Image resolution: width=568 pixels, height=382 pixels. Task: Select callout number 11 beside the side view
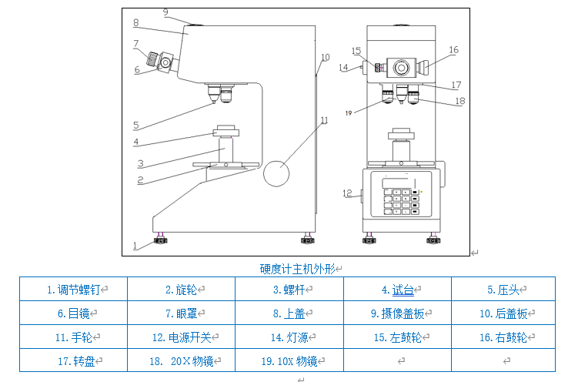pyautogui.click(x=325, y=120)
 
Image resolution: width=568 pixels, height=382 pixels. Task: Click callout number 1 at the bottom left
pyautogui.click(x=134, y=246)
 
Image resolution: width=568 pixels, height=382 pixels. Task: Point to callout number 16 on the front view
pyautogui.click(x=453, y=50)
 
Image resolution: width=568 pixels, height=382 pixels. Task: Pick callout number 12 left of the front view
pyautogui.click(x=346, y=193)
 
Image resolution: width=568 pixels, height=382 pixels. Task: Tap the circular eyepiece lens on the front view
pyautogui.click(x=401, y=68)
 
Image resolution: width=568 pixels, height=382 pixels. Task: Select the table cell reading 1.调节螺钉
pyautogui.click(x=73, y=290)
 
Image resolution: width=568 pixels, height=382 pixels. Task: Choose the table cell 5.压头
pyautogui.click(x=504, y=290)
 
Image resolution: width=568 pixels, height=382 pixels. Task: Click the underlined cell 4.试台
pyautogui.click(x=397, y=290)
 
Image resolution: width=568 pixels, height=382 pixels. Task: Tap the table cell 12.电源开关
pyautogui.click(x=181, y=337)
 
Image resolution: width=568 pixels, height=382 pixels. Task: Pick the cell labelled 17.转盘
pyautogui.click(x=73, y=360)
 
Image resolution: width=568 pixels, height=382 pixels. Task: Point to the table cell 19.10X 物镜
pyautogui.click(x=289, y=360)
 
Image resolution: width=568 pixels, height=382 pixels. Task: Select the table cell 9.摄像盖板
pyautogui.click(x=397, y=313)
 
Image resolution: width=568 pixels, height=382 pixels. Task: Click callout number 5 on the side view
pyautogui.click(x=135, y=125)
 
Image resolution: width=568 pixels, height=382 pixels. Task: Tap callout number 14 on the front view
pyautogui.click(x=343, y=67)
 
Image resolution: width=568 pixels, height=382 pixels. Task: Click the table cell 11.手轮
pyautogui.click(x=73, y=337)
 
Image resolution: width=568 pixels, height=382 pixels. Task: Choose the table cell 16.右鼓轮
pyautogui.click(x=504, y=337)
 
